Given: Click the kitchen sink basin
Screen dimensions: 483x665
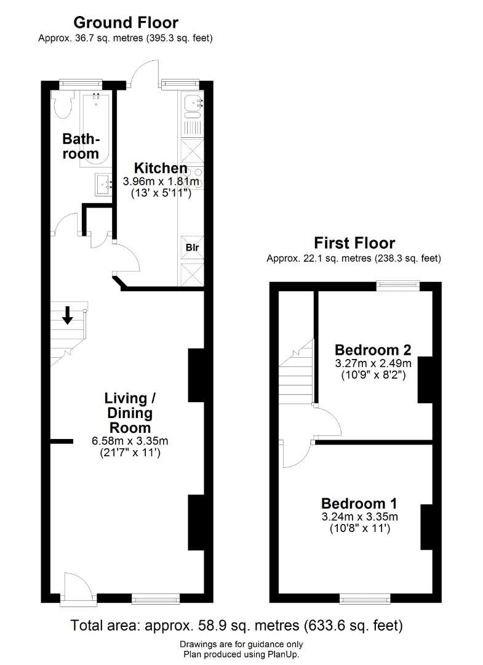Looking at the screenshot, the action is pyautogui.click(x=194, y=102).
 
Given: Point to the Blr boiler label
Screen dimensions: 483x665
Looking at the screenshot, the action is pyautogui.click(x=193, y=248).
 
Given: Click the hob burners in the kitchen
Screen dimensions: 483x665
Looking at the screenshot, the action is pyautogui.click(x=193, y=178).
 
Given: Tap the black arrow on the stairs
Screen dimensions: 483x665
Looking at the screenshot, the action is pyautogui.click(x=67, y=315).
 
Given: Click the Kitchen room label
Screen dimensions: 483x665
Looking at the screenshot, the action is pyautogui.click(x=161, y=168).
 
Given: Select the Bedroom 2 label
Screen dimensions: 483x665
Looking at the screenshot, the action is pyautogui.click(x=373, y=350).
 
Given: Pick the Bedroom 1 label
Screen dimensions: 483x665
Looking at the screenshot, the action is pyautogui.click(x=359, y=504).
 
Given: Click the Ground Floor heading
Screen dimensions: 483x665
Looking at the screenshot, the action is pyautogui.click(x=126, y=22).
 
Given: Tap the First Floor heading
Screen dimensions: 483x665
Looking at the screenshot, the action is pyautogui.click(x=354, y=243).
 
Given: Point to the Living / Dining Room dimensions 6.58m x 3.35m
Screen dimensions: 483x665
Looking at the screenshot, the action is pyautogui.click(x=130, y=441).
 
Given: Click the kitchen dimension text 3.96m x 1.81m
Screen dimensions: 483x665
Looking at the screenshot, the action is pyautogui.click(x=161, y=182).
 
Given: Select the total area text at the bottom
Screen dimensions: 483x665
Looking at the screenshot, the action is pyautogui.click(x=236, y=626).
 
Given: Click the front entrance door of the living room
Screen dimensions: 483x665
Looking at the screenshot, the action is pyautogui.click(x=79, y=587).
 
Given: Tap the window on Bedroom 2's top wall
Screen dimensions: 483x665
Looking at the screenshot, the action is pyautogui.click(x=398, y=286).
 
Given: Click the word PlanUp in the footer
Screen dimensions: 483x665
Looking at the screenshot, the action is pyautogui.click(x=283, y=655).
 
